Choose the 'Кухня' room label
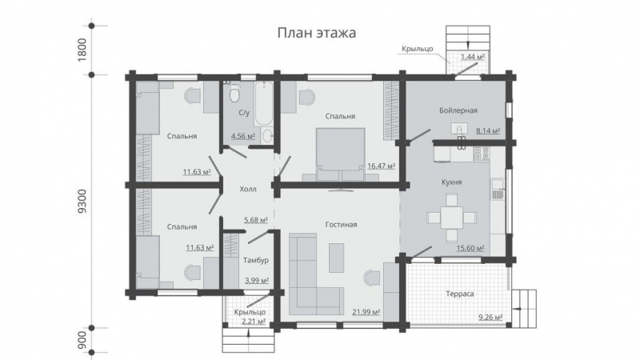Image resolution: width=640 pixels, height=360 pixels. click(x=451, y=182)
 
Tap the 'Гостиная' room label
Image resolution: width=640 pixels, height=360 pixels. click(x=341, y=225)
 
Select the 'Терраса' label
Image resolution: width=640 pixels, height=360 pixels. click(x=460, y=294)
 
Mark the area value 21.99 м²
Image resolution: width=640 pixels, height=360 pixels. click(x=365, y=312)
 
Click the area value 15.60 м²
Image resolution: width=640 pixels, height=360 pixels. click(x=470, y=249)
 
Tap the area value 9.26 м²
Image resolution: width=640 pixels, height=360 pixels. click(x=490, y=318)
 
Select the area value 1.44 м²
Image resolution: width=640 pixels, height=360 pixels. click(x=473, y=58)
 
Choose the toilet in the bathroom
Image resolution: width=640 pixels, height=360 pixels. click(x=234, y=96)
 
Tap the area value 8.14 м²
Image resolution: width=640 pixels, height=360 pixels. click(x=487, y=130)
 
